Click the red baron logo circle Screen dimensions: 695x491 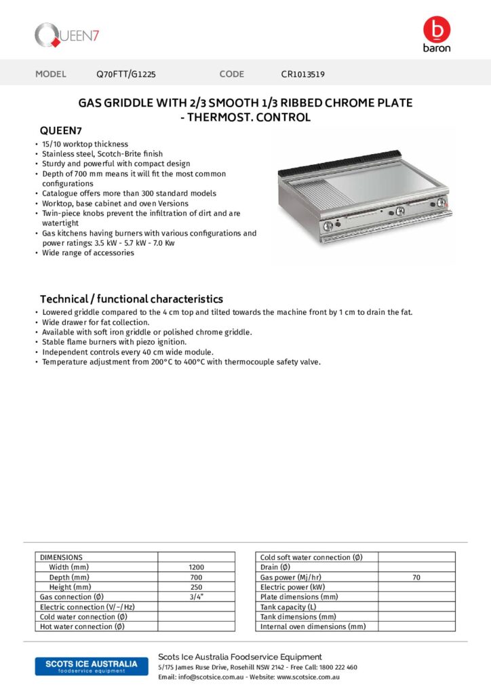point(436,29)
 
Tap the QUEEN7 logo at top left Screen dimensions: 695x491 point(67,34)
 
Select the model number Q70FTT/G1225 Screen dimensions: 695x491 point(126,74)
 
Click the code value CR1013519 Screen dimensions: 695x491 point(307,74)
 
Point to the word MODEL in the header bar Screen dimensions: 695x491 point(51,74)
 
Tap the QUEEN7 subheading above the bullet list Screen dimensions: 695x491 point(61,130)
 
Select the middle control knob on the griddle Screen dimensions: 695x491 point(401,211)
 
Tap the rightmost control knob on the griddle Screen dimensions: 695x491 point(442,203)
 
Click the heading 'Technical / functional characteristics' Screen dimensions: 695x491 point(131,299)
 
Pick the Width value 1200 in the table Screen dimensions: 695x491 point(196,567)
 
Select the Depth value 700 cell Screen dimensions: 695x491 point(196,577)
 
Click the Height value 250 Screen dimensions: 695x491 point(196,587)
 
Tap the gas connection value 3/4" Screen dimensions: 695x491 point(196,597)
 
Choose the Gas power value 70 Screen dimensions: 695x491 point(416,577)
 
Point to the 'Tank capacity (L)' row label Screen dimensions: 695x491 point(288,607)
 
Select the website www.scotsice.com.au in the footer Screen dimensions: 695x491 point(308,677)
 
